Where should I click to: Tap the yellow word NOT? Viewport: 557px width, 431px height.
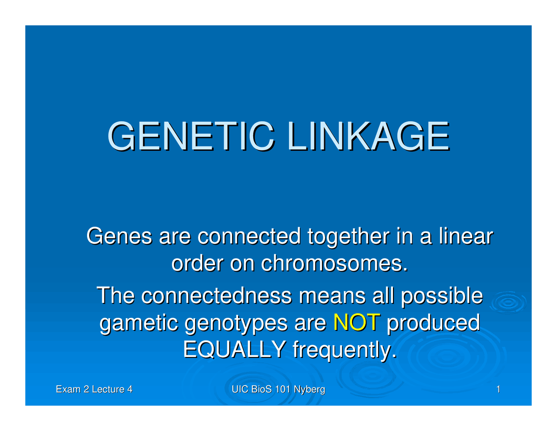(x=356, y=323)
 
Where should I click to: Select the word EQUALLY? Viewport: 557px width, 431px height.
(x=234, y=349)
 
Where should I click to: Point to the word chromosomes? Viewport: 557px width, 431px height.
(x=334, y=263)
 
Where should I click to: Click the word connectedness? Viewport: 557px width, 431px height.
(x=216, y=296)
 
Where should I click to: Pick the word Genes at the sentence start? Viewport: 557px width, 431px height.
(x=119, y=237)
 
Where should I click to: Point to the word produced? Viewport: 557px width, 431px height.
(x=433, y=323)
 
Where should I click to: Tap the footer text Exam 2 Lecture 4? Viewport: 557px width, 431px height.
(x=94, y=390)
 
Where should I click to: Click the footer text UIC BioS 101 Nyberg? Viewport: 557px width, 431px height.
(x=278, y=390)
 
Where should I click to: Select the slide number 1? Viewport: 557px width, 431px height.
(x=498, y=390)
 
